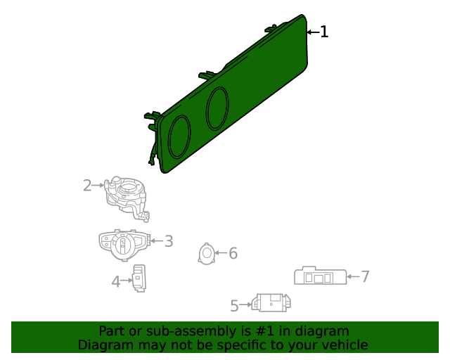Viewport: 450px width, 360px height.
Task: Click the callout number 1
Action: point(324,32)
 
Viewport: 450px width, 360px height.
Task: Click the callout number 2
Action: point(87,186)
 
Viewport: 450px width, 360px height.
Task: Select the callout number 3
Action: point(169,242)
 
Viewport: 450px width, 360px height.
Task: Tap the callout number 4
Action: point(116,282)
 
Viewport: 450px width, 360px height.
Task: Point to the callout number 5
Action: point(235,306)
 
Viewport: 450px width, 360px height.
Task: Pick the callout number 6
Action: point(233,253)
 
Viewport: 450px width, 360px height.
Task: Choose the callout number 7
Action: point(365,276)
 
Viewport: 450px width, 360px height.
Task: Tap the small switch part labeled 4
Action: point(141,278)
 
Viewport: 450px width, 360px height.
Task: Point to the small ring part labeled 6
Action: point(207,254)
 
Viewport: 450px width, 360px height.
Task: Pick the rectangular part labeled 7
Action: point(320,276)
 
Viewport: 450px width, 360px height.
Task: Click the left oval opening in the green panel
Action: point(179,136)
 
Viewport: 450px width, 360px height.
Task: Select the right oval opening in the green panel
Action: point(217,108)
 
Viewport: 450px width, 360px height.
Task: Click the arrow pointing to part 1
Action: point(312,32)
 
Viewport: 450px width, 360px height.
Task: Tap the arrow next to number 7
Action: point(354,276)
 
